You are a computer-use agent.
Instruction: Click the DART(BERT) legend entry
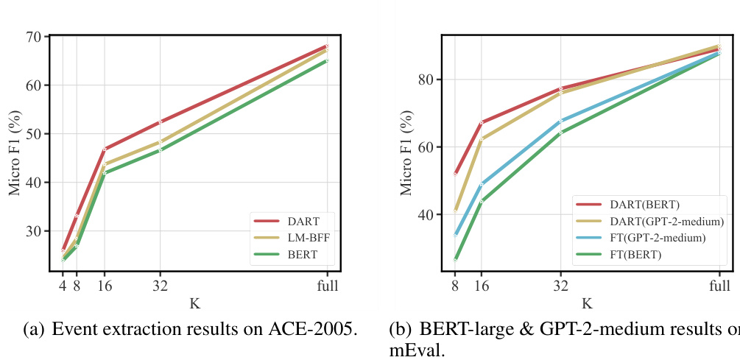[x=643, y=204]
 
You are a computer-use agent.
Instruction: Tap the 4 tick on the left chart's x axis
[x=63, y=286]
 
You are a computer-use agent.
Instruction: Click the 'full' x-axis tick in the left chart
[x=328, y=286]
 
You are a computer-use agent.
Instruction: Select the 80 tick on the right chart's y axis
[x=426, y=80]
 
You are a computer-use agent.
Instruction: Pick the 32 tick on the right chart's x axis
[x=560, y=286]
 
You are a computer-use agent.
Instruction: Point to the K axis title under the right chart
[x=587, y=303]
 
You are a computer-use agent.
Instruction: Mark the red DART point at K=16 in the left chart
[x=105, y=149]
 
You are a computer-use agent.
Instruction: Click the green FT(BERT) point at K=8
[x=455, y=260]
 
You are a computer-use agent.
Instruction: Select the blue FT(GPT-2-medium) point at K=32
[x=560, y=121]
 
